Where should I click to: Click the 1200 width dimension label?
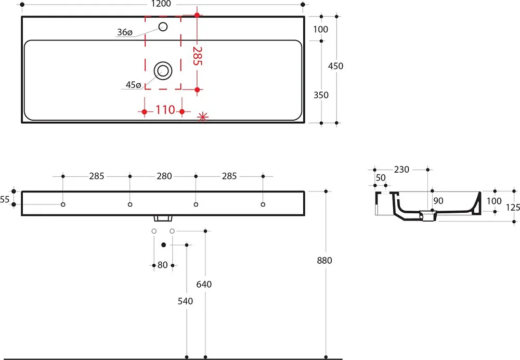(x=161, y=4)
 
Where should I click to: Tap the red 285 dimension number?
(x=197, y=56)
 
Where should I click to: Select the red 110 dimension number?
(x=165, y=110)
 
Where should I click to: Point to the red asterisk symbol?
(x=203, y=117)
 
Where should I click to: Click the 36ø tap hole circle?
(x=163, y=27)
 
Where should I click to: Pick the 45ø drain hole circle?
(x=163, y=71)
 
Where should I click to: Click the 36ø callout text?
(x=125, y=32)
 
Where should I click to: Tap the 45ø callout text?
(x=133, y=85)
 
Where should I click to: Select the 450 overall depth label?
(x=335, y=66)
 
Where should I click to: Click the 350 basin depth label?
(x=321, y=95)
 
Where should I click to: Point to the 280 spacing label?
(x=164, y=176)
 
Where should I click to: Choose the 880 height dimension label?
(x=324, y=261)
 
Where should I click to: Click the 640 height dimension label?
(x=204, y=285)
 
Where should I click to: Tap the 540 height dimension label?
(x=186, y=301)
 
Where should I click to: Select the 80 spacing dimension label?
(x=162, y=265)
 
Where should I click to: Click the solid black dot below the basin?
(x=163, y=245)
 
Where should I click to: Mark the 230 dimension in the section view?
(x=401, y=170)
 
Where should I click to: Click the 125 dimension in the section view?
(x=513, y=208)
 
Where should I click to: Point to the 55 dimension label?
(x=5, y=200)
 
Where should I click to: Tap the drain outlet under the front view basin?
(x=163, y=218)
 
